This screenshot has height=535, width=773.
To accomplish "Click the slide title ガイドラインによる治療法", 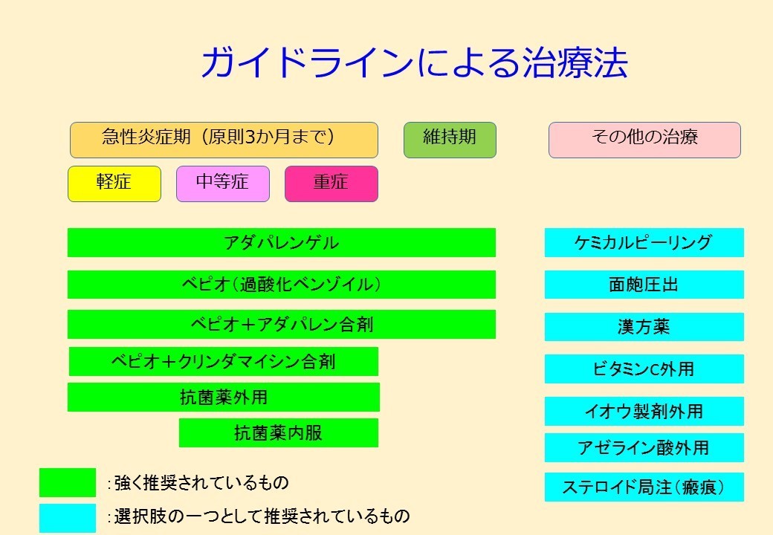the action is coord(414,62).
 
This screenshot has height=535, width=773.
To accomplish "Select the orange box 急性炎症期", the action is coord(224,140).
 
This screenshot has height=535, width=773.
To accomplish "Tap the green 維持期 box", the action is coord(450,140).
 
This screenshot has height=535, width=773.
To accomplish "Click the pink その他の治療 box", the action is coord(644,140).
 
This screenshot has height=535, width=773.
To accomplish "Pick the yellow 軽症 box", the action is coord(114,184).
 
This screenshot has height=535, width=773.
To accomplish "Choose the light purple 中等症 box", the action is coord(223,184).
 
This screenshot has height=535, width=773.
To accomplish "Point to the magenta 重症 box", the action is coord(331,184).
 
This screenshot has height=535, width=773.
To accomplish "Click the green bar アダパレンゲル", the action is coord(282,242).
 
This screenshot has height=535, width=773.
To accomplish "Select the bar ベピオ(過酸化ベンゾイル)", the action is coord(282,285).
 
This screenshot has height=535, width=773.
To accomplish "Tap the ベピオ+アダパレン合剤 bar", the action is coord(282,324).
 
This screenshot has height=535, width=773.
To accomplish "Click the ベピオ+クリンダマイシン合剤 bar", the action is coord(223,362).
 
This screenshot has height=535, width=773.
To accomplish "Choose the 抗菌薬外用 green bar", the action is coord(223,397).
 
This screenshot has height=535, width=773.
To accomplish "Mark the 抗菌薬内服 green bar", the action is coord(279,433).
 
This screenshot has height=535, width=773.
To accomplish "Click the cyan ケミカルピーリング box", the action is coord(644,242).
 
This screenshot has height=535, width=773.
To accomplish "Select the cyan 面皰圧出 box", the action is coord(644,285).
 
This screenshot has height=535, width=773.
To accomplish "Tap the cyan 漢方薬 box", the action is coord(644,327).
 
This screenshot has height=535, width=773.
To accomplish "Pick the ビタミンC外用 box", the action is coord(644,369).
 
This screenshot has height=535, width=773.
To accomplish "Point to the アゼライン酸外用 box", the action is coord(644,448).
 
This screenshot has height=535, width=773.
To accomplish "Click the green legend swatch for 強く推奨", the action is coord(68,482).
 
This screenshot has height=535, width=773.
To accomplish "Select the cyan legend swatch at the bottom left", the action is coord(68,518).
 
